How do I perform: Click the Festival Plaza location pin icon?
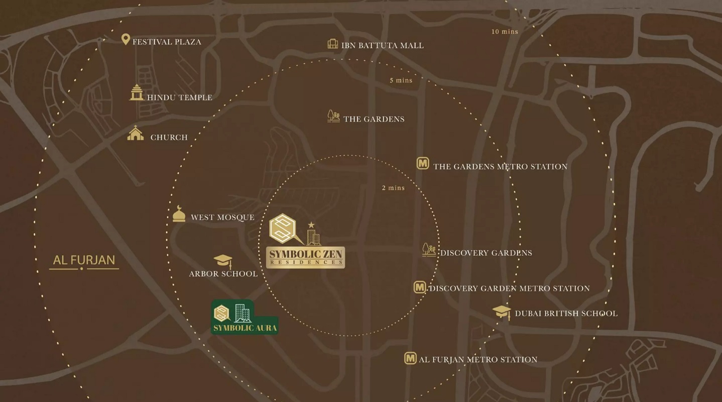pyautogui.click(x=126, y=39)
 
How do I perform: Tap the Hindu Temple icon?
pyautogui.click(x=136, y=93)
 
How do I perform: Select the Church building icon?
pyautogui.click(x=135, y=133)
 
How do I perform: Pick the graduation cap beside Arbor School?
pyautogui.click(x=222, y=261)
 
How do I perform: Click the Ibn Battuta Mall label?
pyautogui.click(x=382, y=46)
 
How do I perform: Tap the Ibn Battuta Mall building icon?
pyautogui.click(x=332, y=44)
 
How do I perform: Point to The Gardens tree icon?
pyautogui.click(x=333, y=117)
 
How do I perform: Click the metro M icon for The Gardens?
pyautogui.click(x=423, y=163)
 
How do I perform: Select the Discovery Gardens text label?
pyautogui.click(x=486, y=253)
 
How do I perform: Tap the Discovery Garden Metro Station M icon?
pyautogui.click(x=420, y=287)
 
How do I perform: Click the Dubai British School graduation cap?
pyautogui.click(x=501, y=312)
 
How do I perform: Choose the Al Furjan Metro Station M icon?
pyautogui.click(x=410, y=358)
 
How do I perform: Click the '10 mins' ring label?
pyautogui.click(x=505, y=32)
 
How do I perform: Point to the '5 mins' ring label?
pyautogui.click(x=401, y=80)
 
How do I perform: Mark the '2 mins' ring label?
pyautogui.click(x=393, y=188)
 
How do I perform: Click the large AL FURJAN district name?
pyautogui.click(x=84, y=260)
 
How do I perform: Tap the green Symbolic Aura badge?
pyautogui.click(x=245, y=318)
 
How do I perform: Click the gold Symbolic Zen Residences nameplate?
pyautogui.click(x=305, y=257)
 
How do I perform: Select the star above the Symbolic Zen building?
pyautogui.click(x=311, y=225)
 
